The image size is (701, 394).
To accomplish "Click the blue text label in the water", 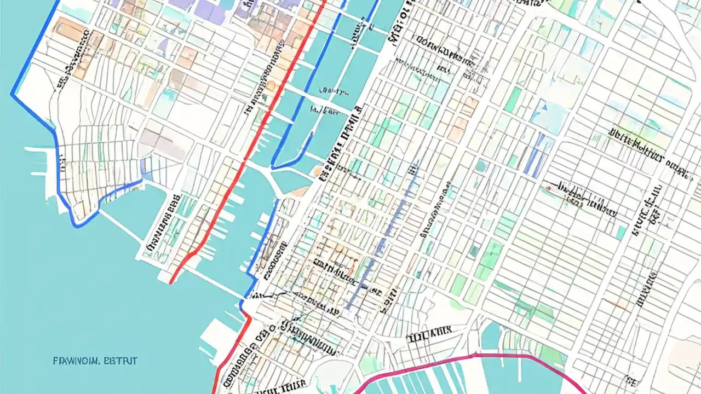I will [x=95, y=361].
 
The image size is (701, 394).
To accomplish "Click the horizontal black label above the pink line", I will [x=428, y=332].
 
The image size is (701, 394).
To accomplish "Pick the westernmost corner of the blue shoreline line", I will [x=12, y=94].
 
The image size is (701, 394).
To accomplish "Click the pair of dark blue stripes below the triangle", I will [x=535, y=156].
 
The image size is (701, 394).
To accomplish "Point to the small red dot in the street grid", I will [x=547, y=189].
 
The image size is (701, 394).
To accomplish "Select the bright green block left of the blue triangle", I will [x=514, y=99].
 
